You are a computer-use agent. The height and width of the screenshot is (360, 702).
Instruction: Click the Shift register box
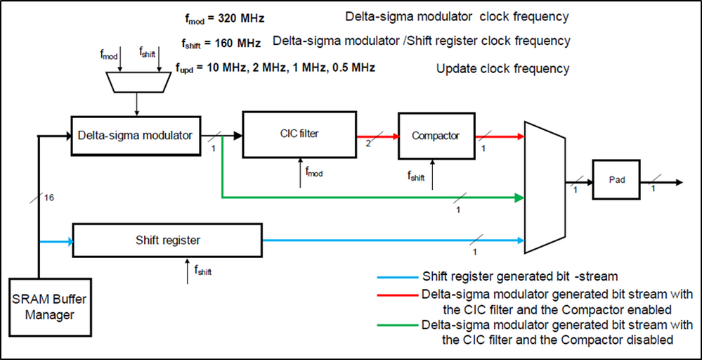pos(167,240)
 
